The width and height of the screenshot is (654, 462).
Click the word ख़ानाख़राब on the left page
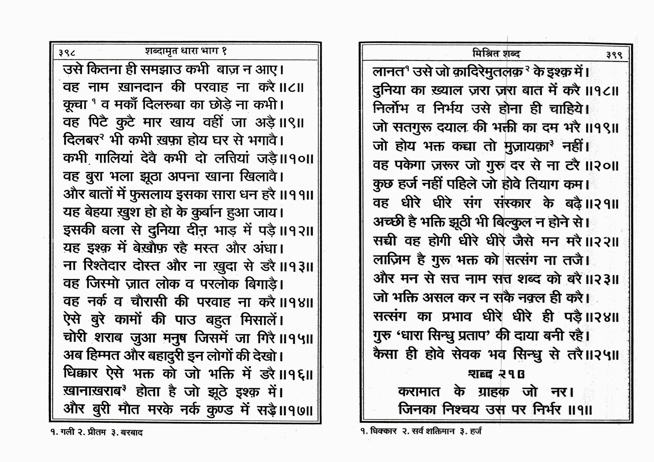(92, 392)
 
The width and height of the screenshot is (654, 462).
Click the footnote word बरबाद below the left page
(132, 433)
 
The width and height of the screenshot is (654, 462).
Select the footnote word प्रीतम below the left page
(95, 433)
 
